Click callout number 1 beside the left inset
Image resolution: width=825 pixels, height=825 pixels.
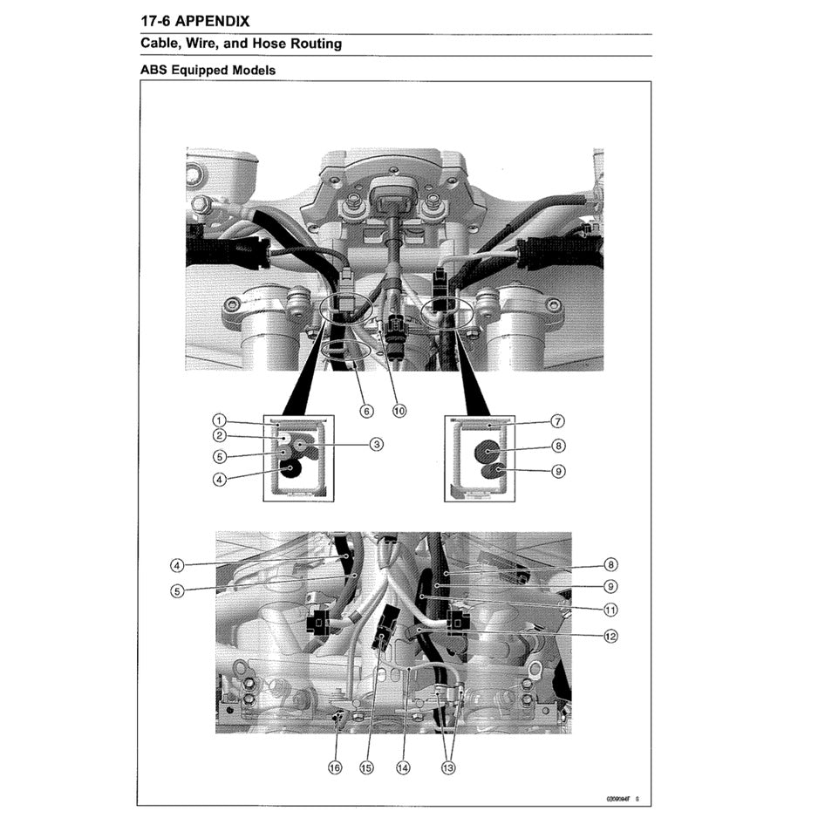tap(220, 420)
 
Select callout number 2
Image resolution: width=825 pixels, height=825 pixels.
tap(220, 436)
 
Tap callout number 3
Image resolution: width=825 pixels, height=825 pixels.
tap(377, 444)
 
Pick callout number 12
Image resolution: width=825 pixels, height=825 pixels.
tap(610, 636)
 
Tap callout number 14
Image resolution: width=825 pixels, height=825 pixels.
tap(402, 768)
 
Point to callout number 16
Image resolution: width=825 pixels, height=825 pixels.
tap(335, 768)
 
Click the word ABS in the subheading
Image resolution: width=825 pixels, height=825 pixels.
tap(154, 70)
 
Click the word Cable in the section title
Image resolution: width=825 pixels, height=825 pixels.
tap(161, 44)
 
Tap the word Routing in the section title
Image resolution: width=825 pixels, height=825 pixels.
tap(316, 44)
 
